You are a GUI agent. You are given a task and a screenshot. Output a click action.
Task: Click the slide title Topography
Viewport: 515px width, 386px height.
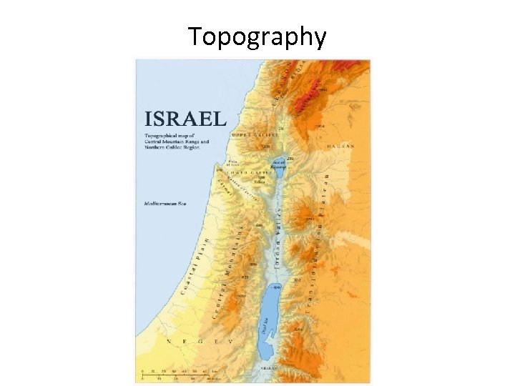257,36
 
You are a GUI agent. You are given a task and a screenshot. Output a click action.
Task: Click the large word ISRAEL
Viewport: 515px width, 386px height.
185,119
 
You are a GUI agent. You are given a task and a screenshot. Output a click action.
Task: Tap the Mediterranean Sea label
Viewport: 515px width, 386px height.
165,204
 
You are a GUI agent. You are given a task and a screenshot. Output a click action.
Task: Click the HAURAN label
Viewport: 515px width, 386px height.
340,146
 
